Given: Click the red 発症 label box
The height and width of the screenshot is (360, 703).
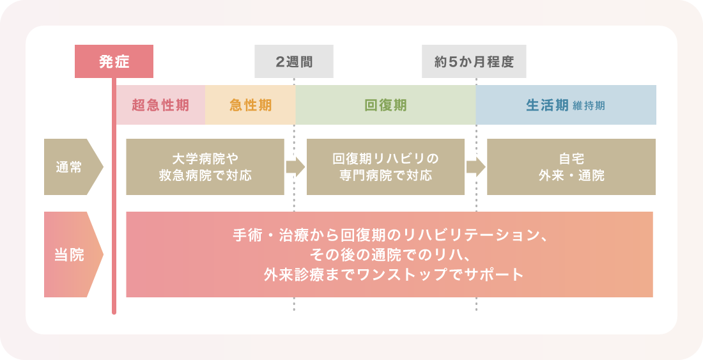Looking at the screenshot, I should coord(114,61).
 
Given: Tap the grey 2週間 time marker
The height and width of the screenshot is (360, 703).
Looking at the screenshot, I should coord(294,62).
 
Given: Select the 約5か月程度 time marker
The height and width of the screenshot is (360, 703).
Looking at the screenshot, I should coord(474,62).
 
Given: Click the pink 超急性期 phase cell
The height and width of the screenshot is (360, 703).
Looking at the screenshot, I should coord(160,105).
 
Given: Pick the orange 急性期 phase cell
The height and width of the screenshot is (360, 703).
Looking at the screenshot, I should coord(251,105).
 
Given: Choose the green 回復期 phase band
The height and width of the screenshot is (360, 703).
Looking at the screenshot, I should coord(385,105).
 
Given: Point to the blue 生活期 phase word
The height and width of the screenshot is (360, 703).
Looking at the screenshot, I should coord(547,105).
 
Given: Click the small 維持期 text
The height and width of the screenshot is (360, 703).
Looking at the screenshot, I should coord(589,106).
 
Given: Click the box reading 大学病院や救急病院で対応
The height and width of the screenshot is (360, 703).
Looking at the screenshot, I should coord(205,167).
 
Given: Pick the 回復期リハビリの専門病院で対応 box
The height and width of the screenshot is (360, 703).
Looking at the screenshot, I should coord(385,167).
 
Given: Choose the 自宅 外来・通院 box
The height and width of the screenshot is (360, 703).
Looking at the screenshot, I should coord(571,167).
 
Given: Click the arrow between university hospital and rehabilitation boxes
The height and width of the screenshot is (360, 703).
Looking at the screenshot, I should coord(295,167).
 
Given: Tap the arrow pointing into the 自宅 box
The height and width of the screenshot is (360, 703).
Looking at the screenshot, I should coord(475,167).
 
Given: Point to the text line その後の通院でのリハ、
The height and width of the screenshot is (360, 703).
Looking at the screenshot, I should coord(389,254).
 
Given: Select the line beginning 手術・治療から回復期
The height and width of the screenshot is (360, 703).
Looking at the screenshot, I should coord(389,235).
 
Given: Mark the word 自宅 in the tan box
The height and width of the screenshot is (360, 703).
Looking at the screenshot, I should coord(571,159).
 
